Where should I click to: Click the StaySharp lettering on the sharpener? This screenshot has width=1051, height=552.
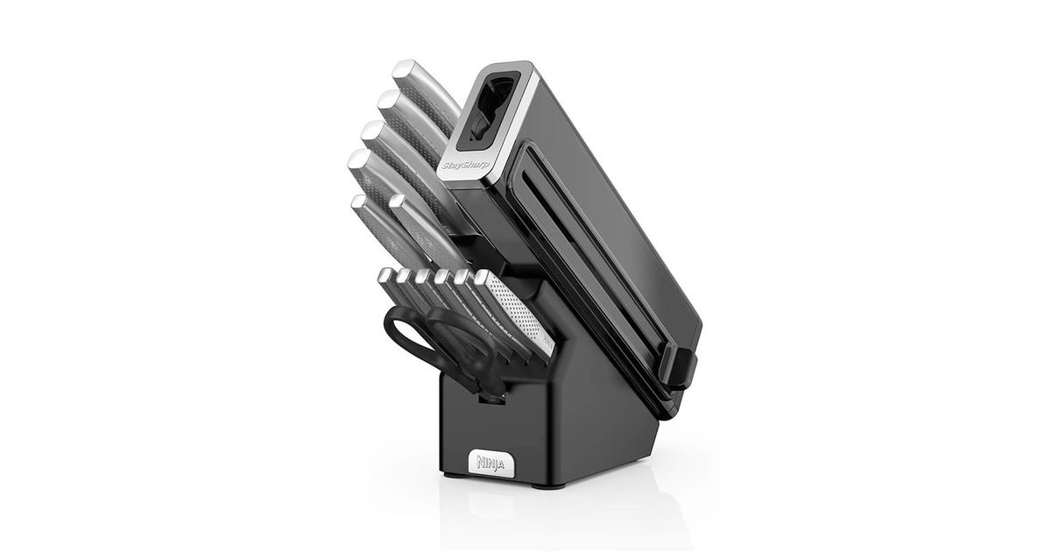click(465, 166)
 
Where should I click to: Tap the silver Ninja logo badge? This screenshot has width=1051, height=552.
click(490, 464)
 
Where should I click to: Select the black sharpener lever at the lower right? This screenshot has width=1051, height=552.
click(678, 366)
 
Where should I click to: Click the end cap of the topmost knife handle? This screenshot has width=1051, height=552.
click(404, 69)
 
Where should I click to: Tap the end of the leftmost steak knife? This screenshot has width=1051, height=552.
click(384, 275)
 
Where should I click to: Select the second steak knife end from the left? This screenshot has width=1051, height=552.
click(404, 276)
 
